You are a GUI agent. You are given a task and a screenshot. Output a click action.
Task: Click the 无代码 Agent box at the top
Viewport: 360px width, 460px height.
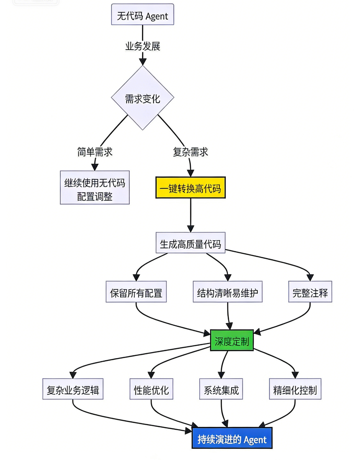point(142,15)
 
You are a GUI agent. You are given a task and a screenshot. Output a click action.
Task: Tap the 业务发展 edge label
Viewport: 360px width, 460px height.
point(142,46)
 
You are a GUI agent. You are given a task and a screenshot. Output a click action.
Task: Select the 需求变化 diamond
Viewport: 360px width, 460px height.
point(142,98)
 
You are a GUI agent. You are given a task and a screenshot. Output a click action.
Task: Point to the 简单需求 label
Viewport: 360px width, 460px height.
point(95,152)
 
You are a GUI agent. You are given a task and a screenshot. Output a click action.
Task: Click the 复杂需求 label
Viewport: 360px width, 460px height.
point(190,152)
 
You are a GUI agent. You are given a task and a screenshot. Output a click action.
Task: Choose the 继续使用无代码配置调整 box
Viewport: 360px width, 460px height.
point(95,188)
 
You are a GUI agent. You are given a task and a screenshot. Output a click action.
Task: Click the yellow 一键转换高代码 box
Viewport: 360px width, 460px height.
point(190,188)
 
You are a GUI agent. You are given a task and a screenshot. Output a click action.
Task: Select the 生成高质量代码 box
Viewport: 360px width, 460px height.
point(190,243)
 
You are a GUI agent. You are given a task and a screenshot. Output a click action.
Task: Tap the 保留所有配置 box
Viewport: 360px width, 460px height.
point(136,292)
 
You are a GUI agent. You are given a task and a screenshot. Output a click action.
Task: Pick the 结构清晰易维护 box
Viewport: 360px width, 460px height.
point(227,292)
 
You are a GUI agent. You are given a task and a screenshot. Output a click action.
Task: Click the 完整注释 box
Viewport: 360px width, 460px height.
point(310,292)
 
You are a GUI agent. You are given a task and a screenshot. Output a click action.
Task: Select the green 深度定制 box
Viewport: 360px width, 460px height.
point(232,340)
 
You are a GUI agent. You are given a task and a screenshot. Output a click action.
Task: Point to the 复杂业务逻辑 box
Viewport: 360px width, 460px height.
point(73,389)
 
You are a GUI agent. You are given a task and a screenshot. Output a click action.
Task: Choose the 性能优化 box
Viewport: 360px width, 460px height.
point(151,389)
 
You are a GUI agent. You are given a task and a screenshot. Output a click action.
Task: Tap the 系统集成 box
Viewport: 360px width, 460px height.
point(221,389)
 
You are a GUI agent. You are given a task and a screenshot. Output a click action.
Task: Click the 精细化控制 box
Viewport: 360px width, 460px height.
point(295,389)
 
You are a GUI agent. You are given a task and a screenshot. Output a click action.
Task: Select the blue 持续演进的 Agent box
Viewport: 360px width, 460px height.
point(232,438)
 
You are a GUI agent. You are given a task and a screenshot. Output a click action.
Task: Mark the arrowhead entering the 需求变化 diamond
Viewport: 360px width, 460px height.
point(142,62)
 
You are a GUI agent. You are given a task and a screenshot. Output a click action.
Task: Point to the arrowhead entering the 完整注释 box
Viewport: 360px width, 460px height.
point(310,278)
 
